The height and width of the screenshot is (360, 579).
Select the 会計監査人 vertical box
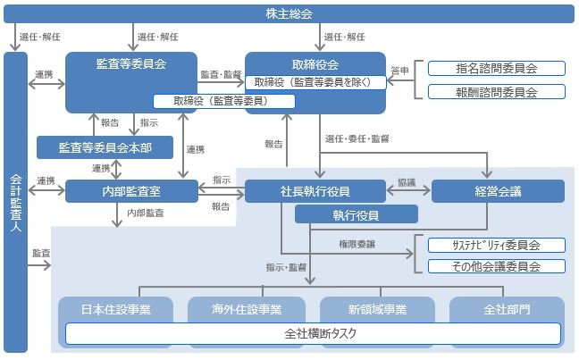[x=14, y=204]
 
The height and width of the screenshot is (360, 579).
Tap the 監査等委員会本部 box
[x=105, y=147]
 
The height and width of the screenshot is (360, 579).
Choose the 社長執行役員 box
[x=315, y=190]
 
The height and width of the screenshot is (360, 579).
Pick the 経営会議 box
[x=498, y=190]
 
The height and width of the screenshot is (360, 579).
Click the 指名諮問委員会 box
[x=496, y=69]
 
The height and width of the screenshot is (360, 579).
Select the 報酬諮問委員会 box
[x=496, y=91]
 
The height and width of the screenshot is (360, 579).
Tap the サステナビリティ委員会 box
[x=496, y=245]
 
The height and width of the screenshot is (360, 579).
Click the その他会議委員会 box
[x=496, y=266]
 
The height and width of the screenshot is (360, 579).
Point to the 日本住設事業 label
[x=116, y=309]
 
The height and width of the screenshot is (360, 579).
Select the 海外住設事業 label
[x=247, y=309]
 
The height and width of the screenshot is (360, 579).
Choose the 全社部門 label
[x=507, y=309]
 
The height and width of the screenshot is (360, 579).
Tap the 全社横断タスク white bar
[x=313, y=334]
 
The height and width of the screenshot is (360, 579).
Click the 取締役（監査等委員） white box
[x=212, y=101]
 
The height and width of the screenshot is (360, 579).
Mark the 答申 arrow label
[x=399, y=70]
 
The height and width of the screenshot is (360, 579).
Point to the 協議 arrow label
[x=407, y=181]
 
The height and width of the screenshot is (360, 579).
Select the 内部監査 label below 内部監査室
[x=146, y=213]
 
